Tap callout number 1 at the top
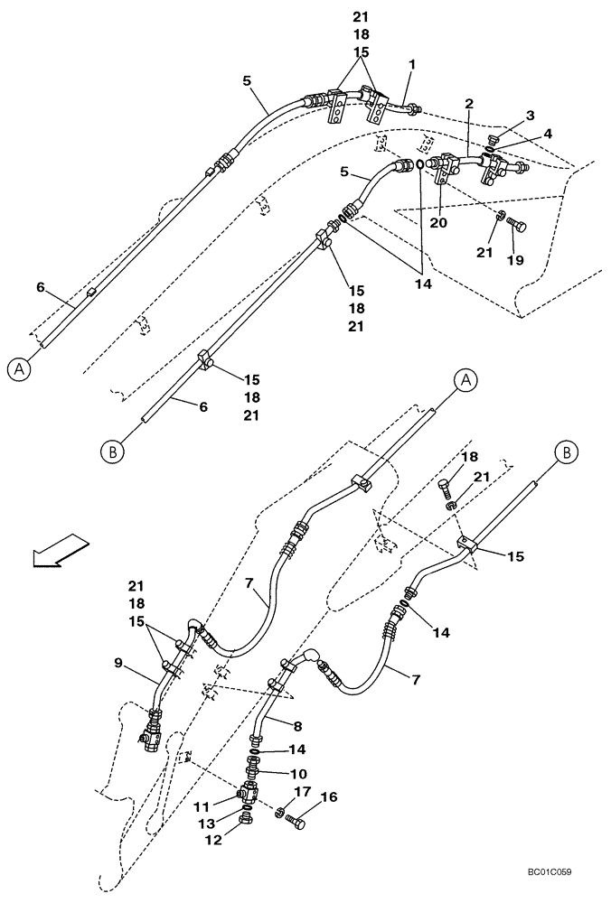[x=411, y=65]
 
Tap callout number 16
[x=328, y=797]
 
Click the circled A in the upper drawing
[x=15, y=368]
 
